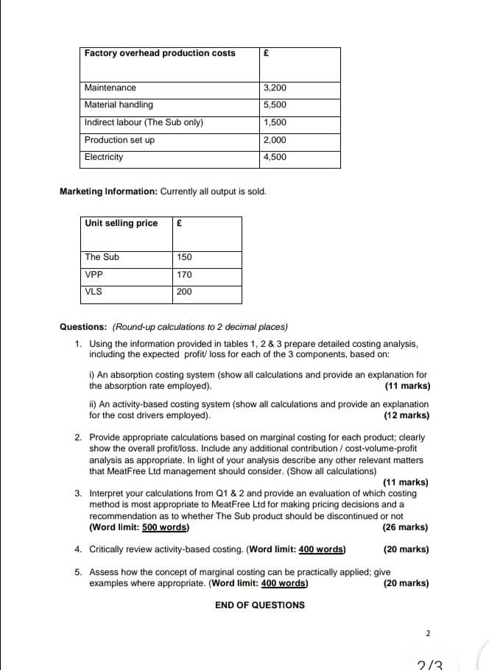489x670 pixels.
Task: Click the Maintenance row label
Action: coord(110,88)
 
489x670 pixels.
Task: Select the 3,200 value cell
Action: coord(275,88)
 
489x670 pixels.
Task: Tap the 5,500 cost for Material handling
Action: coord(275,105)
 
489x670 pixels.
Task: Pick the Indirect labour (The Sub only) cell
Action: coord(144,123)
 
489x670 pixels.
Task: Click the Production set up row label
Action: coord(119,140)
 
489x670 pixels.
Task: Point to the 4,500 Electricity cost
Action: coord(275,157)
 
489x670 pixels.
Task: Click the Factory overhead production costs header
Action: coord(160,53)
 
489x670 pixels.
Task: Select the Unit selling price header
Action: coord(121,223)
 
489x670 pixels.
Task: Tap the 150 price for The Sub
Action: coord(184,257)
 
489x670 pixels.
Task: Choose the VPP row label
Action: coord(94,275)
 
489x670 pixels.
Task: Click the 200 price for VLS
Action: coord(184,292)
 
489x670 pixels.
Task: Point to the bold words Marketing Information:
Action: coord(108,192)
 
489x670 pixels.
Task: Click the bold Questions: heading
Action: coord(83,327)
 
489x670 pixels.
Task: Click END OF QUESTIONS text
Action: coord(259,605)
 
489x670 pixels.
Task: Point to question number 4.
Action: coord(78,549)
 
